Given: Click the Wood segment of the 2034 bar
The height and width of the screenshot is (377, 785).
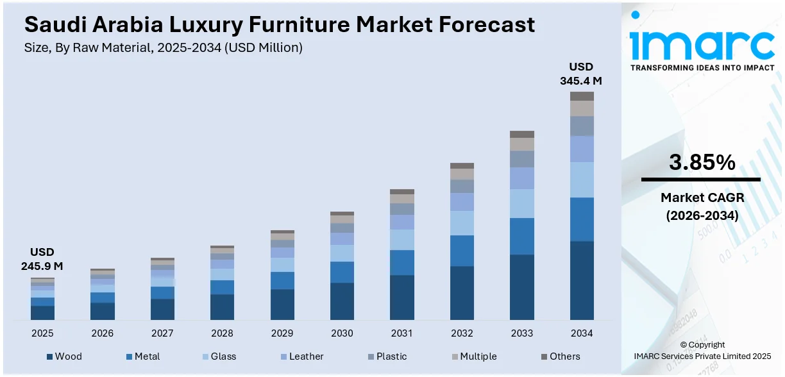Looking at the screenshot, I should (582, 280).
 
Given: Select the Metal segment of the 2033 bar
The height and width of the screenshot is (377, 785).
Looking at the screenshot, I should (522, 236).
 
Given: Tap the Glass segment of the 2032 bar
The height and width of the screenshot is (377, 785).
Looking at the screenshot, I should (462, 222).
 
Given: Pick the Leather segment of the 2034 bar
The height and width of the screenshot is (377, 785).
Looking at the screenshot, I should (582, 149).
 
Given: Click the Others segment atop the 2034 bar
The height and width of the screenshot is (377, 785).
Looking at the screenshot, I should (582, 96).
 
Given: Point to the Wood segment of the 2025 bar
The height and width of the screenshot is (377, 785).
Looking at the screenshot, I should (42, 312).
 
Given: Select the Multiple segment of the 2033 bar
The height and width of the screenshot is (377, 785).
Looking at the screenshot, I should (522, 144).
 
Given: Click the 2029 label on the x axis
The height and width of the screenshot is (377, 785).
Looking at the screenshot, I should (282, 333).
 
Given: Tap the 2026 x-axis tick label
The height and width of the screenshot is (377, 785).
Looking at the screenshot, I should (103, 333).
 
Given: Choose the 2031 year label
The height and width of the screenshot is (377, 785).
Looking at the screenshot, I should (402, 333).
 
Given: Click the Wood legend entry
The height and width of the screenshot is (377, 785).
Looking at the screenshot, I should (64, 356).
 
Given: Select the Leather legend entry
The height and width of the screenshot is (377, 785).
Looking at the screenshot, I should (301, 356).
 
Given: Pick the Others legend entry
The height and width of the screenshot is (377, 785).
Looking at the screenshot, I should (560, 356).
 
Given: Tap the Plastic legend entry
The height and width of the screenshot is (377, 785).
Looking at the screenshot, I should (387, 356).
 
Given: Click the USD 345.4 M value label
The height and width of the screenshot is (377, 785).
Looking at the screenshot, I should (581, 74).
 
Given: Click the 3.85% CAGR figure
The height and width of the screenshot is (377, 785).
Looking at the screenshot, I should (702, 163).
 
